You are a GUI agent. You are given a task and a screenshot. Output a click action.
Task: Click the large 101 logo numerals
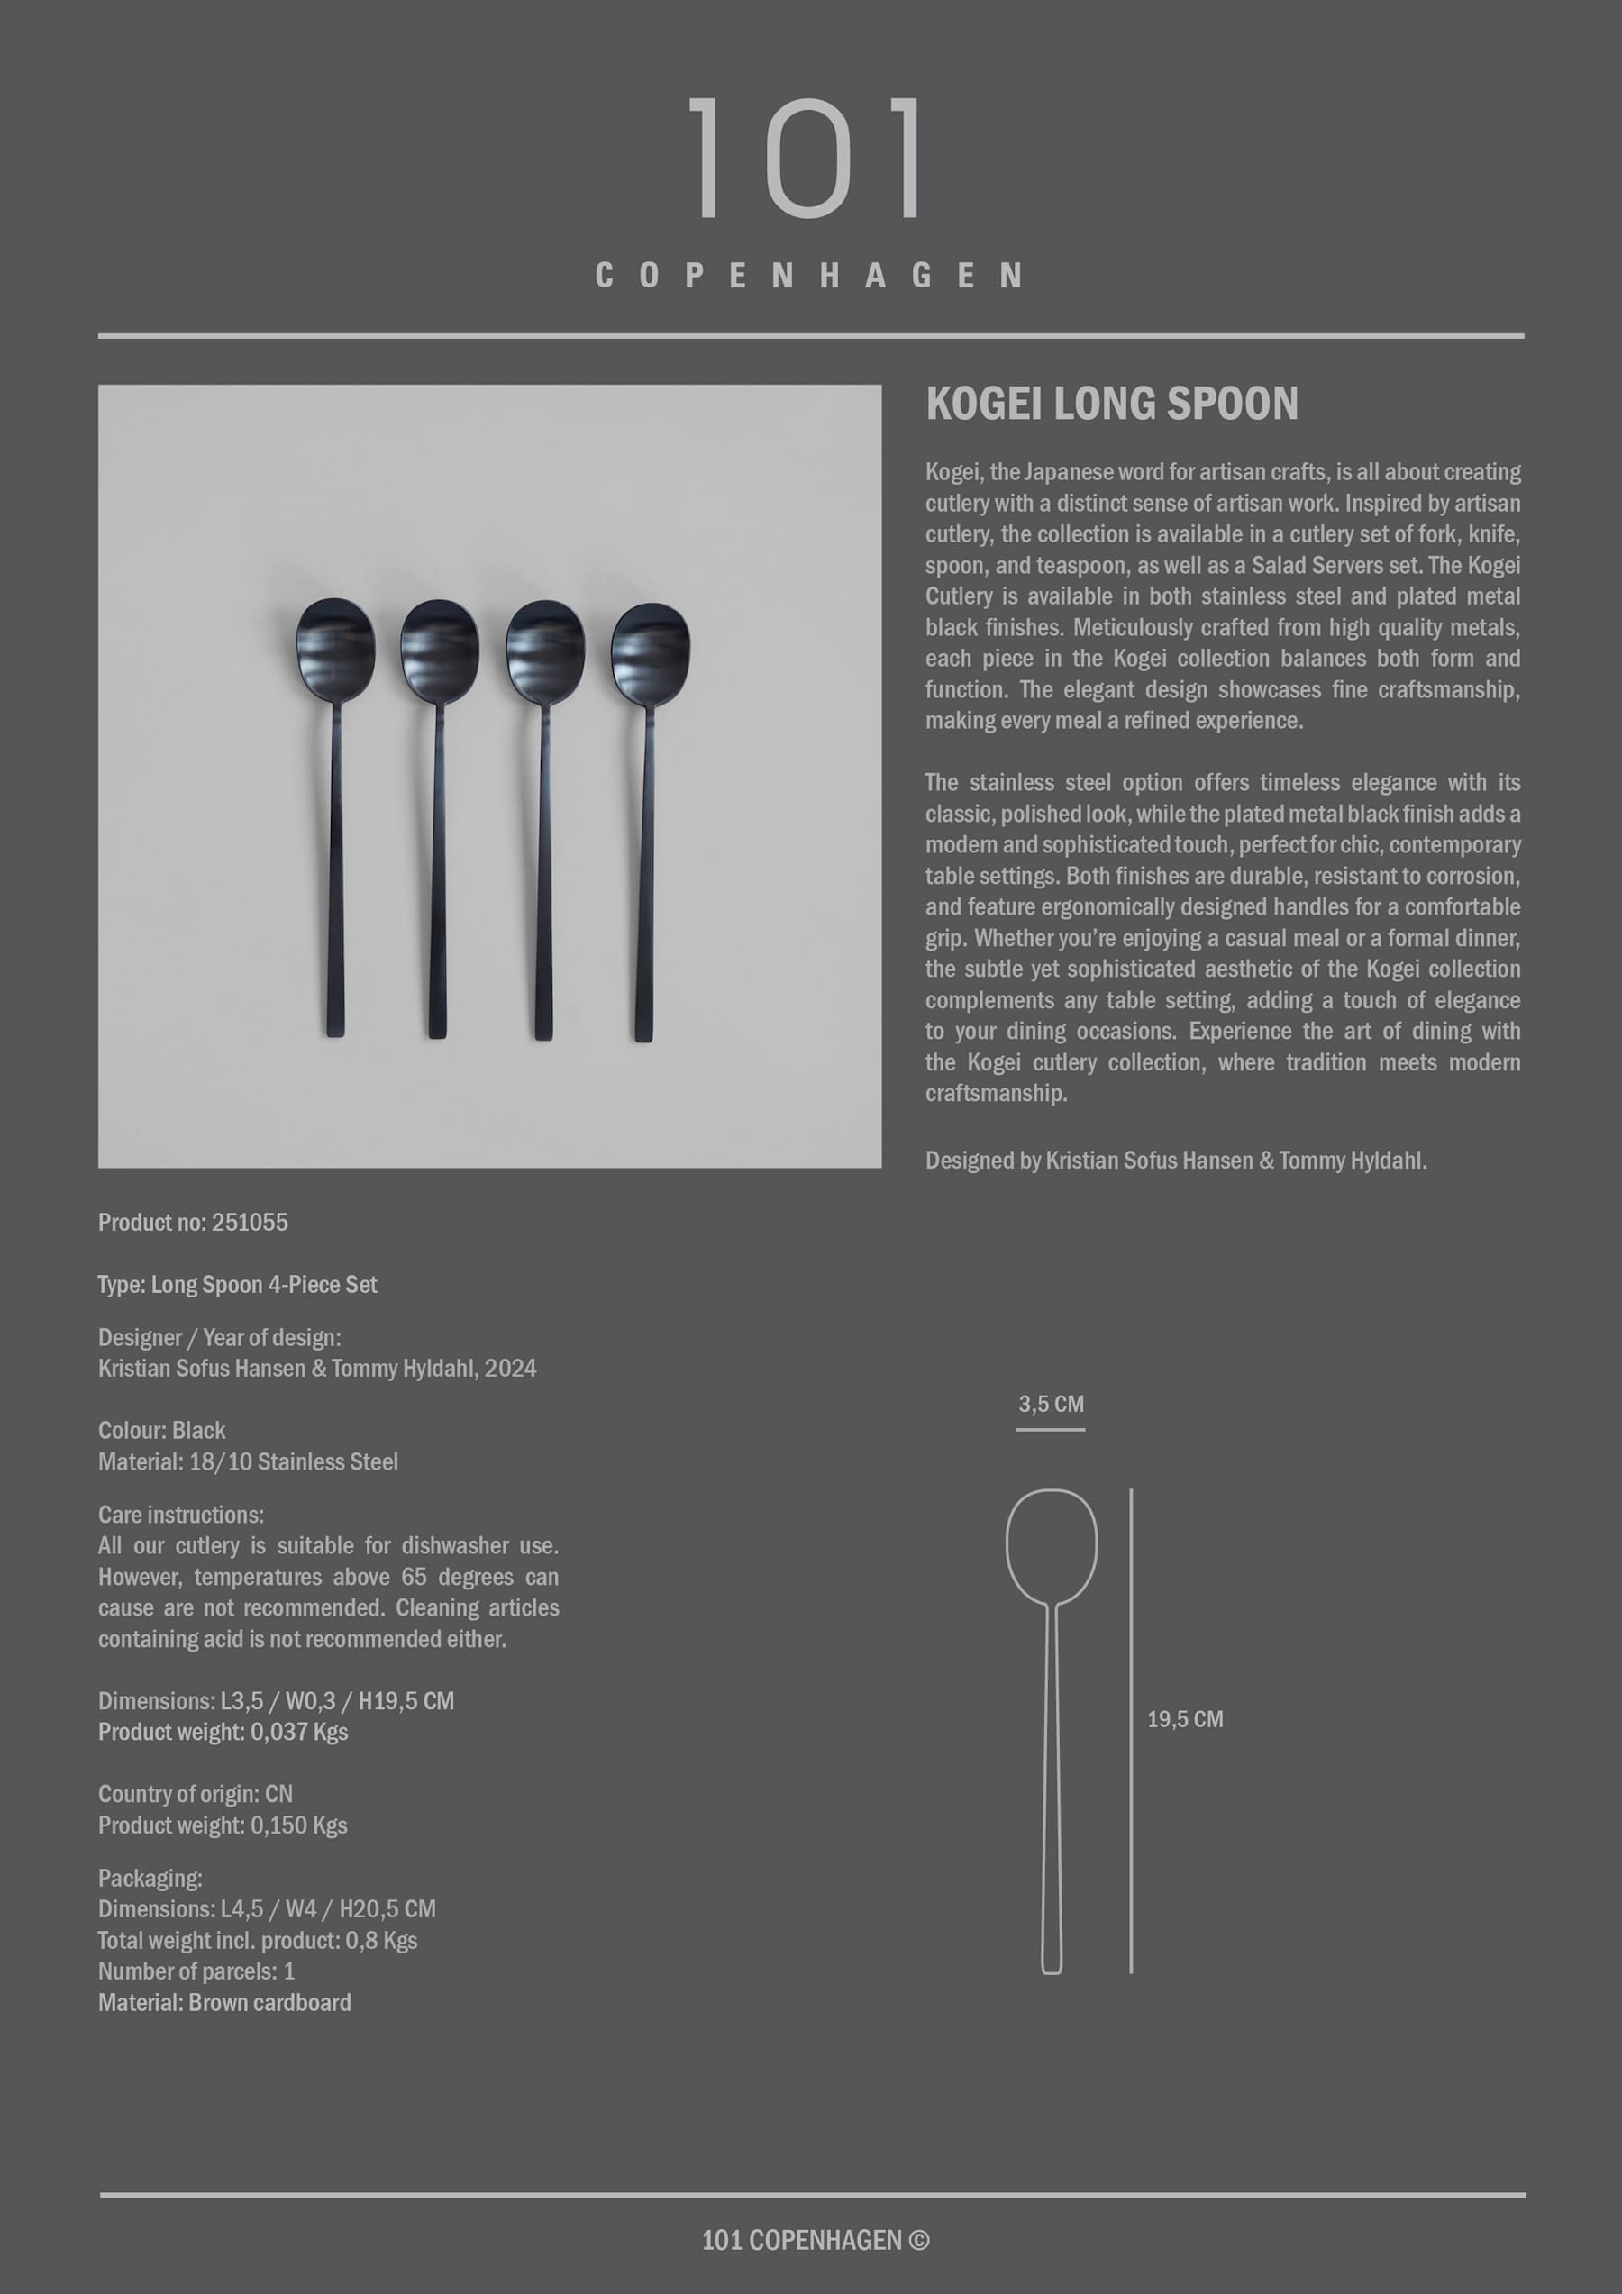tap(807, 158)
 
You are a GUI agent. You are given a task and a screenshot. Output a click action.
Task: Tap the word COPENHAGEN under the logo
tap(809, 276)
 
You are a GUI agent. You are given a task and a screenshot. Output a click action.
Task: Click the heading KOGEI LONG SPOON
tap(1111, 404)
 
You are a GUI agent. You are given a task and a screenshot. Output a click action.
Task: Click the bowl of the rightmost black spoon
tap(651, 651)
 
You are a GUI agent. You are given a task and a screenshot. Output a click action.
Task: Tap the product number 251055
tap(250, 1222)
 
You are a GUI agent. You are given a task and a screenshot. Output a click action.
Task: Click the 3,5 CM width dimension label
tap(1051, 1404)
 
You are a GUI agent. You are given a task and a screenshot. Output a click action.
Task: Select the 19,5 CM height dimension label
tap(1184, 1719)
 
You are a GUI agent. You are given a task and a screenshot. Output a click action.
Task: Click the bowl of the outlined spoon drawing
tap(1052, 1544)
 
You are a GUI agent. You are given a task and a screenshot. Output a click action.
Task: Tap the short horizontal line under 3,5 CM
tap(1051, 1430)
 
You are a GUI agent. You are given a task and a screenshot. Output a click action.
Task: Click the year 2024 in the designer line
tap(511, 1368)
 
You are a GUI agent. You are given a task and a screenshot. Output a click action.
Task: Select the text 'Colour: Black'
tap(162, 1430)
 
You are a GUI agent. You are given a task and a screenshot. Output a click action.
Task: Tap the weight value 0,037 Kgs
tap(299, 1732)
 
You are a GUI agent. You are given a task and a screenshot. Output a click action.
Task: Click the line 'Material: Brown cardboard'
tap(225, 2002)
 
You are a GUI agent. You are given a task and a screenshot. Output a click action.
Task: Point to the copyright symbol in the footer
tap(919, 2241)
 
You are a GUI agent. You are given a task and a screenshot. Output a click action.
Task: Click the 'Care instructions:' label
tap(181, 1515)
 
